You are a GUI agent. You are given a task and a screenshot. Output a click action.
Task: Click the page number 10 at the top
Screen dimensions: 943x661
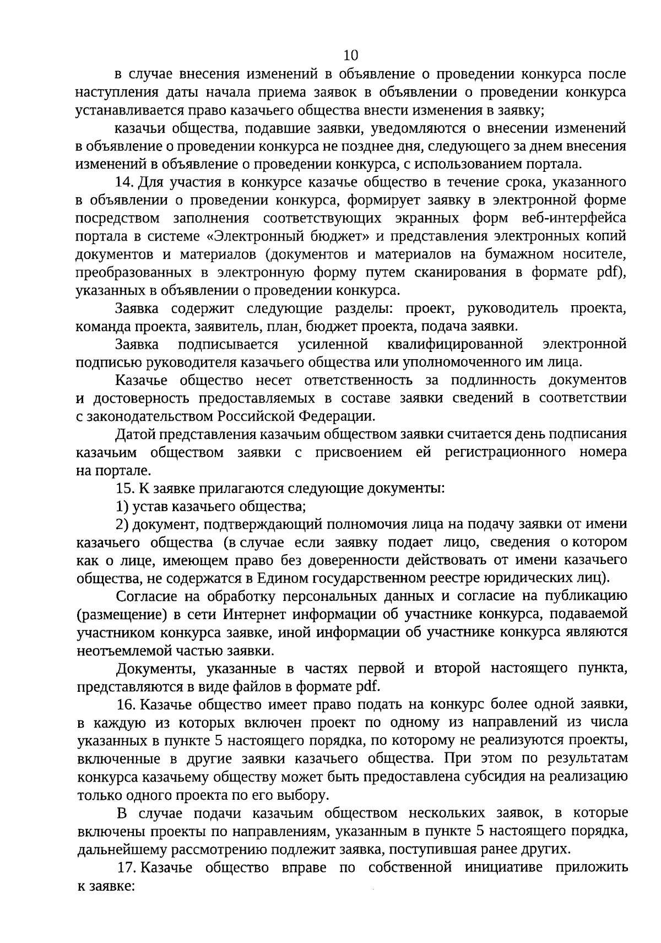[351, 55]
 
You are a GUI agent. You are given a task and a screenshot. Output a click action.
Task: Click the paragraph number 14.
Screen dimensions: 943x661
[126, 182]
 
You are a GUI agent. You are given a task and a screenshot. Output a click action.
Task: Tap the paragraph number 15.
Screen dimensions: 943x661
[126, 488]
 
